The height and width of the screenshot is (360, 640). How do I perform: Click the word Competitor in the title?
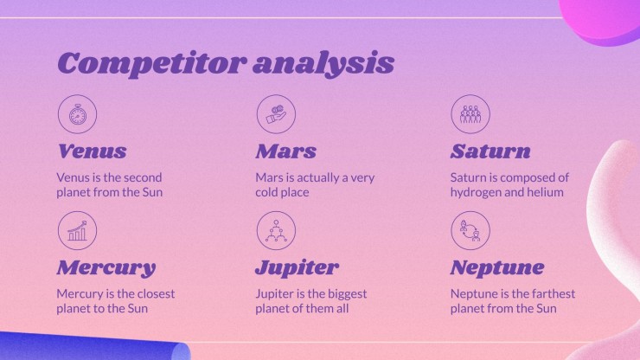point(152,64)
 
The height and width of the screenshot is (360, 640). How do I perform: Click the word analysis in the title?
point(323,64)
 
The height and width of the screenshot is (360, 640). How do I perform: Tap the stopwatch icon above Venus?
point(78,114)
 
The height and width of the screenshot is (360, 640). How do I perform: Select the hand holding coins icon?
point(277,114)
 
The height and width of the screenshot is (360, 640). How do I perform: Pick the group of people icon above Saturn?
point(470,114)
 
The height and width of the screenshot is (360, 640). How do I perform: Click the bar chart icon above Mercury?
point(78,230)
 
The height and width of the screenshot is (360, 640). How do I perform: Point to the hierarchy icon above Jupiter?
point(277,230)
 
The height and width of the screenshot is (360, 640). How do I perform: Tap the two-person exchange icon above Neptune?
point(470,230)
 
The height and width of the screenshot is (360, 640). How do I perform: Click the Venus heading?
point(93,151)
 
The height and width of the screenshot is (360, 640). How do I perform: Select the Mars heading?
point(286,151)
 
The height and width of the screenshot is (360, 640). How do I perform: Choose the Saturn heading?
point(490,151)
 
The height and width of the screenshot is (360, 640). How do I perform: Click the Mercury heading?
point(106,268)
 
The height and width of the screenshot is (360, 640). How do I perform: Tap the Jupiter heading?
point(298,268)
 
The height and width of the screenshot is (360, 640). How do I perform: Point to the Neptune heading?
point(497,268)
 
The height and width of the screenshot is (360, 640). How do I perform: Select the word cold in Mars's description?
point(267,192)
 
